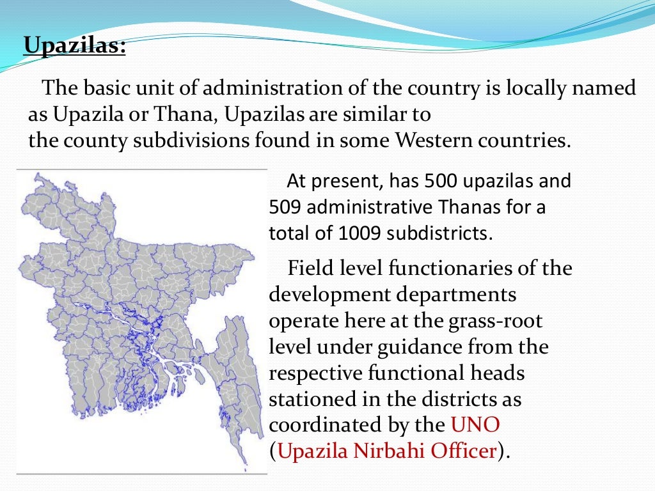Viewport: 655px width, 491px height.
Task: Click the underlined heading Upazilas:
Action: coord(74,47)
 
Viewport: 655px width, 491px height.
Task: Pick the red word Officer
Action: coord(462,451)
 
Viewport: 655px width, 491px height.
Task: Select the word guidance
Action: coord(393,347)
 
